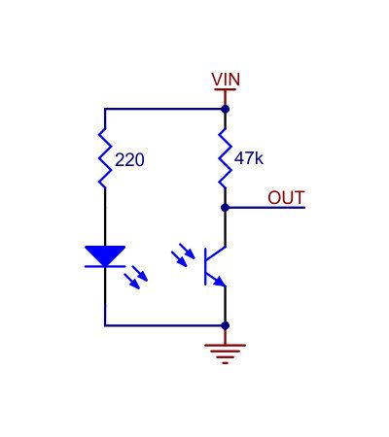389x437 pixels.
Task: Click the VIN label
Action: pos(226,80)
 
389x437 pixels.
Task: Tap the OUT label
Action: pos(286,197)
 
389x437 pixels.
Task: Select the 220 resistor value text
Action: pos(129,160)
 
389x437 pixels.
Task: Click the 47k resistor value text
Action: pos(249,158)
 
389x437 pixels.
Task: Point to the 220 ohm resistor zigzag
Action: pos(105,158)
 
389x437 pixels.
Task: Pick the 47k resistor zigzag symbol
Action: pos(225,158)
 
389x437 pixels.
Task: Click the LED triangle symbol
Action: pos(105,255)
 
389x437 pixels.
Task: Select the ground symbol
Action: pos(225,353)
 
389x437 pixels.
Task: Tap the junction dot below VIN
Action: pos(225,109)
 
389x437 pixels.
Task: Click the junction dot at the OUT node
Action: pos(225,208)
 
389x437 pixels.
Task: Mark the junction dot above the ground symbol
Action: pos(225,325)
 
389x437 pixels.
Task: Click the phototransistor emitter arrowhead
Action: pos(220,282)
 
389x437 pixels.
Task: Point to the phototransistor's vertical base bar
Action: pos(205,266)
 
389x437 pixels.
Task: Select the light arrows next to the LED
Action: pos(136,277)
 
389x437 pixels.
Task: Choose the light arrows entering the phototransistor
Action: pos(183,255)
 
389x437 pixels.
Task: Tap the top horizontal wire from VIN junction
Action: pos(164,109)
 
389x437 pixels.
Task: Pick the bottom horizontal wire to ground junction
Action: pos(164,325)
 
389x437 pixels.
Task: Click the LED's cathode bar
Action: pos(105,266)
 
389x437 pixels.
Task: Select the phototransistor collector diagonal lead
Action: pos(216,253)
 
